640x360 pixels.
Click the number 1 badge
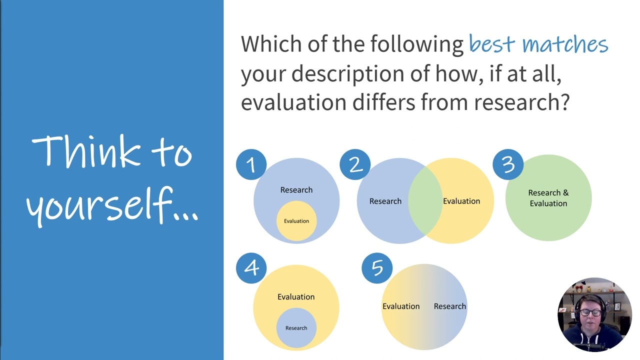tap(251, 164)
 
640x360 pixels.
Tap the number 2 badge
tap(355, 164)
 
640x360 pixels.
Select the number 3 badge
tap(508, 164)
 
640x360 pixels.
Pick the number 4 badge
tap(251, 268)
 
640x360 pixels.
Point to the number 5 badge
tap(377, 268)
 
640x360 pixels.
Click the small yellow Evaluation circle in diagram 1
tap(296, 221)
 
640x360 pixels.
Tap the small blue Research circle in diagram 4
tap(296, 328)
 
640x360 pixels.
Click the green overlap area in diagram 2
tap(425, 201)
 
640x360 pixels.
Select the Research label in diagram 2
tap(385, 201)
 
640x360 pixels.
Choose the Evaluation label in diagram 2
tap(461, 201)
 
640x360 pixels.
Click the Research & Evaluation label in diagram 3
tap(548, 198)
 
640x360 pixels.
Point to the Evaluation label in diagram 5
tap(401, 306)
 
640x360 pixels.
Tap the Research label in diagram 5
tap(449, 306)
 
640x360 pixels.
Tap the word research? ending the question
tap(521, 102)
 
